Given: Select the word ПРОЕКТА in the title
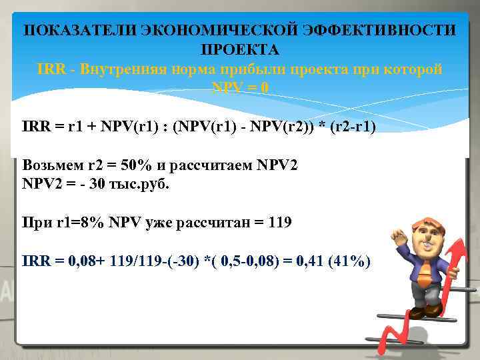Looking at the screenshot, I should point(240,50).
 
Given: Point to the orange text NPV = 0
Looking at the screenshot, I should point(240,88).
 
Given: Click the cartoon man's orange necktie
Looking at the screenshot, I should point(424,270).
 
